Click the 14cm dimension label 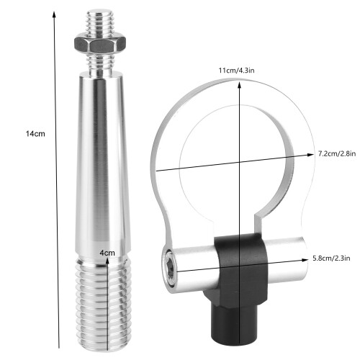click(35, 134)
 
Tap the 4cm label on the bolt click(107, 253)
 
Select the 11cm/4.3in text click(236, 71)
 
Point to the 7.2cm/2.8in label click(337, 153)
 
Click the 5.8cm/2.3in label click(331, 258)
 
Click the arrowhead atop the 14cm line click(54, 14)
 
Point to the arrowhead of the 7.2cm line click(310, 155)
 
